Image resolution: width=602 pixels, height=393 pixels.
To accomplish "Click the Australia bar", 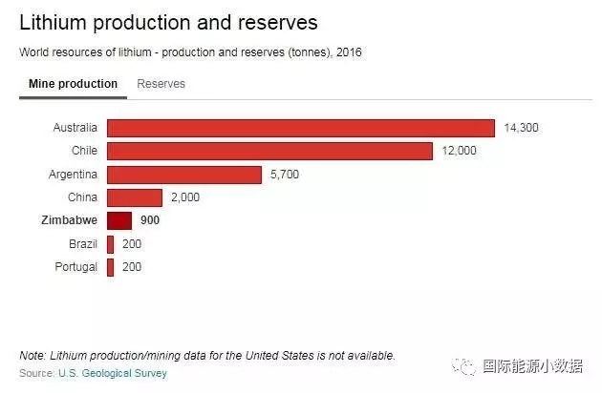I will (x=300, y=128).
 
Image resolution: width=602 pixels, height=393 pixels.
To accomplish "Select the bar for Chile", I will (x=269, y=151).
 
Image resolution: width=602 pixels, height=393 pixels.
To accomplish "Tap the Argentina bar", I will (x=183, y=175).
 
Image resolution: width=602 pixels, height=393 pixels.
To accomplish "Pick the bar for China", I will (x=135, y=197).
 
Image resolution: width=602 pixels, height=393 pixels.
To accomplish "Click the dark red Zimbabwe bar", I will (x=118, y=220).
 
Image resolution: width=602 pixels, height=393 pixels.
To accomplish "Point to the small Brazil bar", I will (x=111, y=244).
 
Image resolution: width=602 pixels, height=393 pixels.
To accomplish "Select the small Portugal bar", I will (x=111, y=267).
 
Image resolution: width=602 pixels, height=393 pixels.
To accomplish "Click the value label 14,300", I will (x=521, y=128).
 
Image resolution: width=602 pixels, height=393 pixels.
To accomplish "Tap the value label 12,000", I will (x=458, y=151).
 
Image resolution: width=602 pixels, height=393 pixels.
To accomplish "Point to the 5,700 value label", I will (x=284, y=175).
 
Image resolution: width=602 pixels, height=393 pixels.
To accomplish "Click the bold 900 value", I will (x=150, y=220).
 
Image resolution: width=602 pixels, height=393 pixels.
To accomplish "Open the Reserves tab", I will (x=161, y=84).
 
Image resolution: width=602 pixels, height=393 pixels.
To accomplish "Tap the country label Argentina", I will (x=73, y=175).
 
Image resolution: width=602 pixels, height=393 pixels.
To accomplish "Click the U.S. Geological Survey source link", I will (x=113, y=373).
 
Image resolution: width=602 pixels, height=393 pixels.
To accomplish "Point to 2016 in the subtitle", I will (x=350, y=52).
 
